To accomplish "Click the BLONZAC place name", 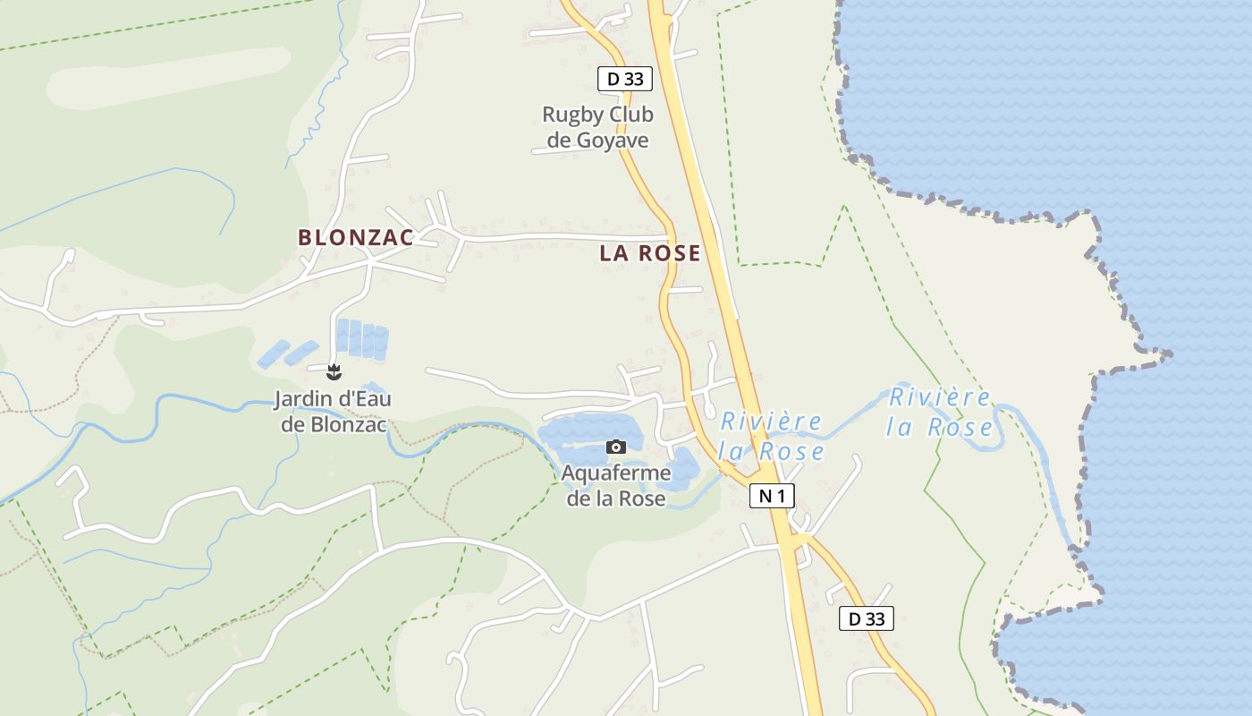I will tap(356, 238).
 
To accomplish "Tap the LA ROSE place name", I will tap(650, 253).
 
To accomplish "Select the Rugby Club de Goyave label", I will tap(597, 127).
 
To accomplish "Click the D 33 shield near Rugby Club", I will tap(625, 79).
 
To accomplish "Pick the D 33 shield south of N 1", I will tap(867, 618).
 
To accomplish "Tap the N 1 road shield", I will tap(772, 496).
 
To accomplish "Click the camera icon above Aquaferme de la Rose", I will tap(616, 447).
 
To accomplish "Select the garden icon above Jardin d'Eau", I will tap(334, 371).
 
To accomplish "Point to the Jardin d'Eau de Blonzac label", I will tap(334, 412).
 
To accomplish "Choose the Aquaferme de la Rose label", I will tap(616, 485).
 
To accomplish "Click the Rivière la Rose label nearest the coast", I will tap(940, 412).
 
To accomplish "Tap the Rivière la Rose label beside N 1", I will tap(771, 435).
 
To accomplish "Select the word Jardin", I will tap(300, 399).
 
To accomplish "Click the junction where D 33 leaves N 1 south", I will tap(795, 538).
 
